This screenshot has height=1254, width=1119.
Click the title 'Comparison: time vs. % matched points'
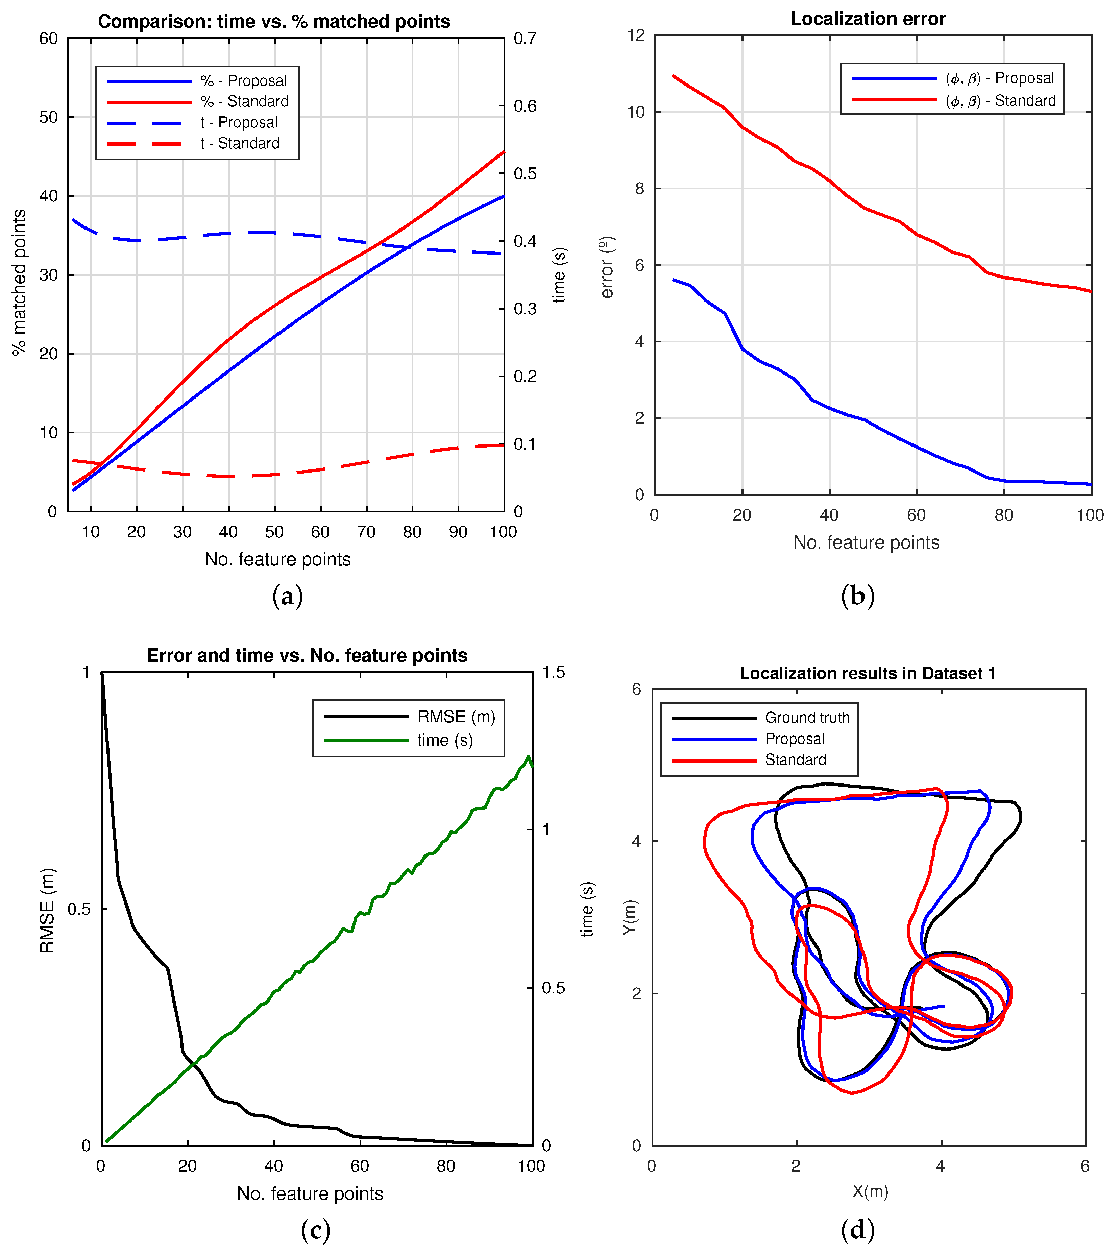coord(274,22)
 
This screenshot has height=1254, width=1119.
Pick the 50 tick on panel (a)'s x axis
coord(274,532)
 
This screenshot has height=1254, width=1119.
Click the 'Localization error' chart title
coord(868,19)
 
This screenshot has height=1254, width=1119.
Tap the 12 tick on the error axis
coord(636,36)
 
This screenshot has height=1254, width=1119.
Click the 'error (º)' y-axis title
coord(607,267)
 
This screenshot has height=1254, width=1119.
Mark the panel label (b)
coord(857,596)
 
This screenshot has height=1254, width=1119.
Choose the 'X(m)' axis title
coord(870,1191)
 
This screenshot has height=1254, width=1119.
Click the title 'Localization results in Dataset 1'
coord(868,673)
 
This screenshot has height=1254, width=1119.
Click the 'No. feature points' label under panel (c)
coord(310,1194)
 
